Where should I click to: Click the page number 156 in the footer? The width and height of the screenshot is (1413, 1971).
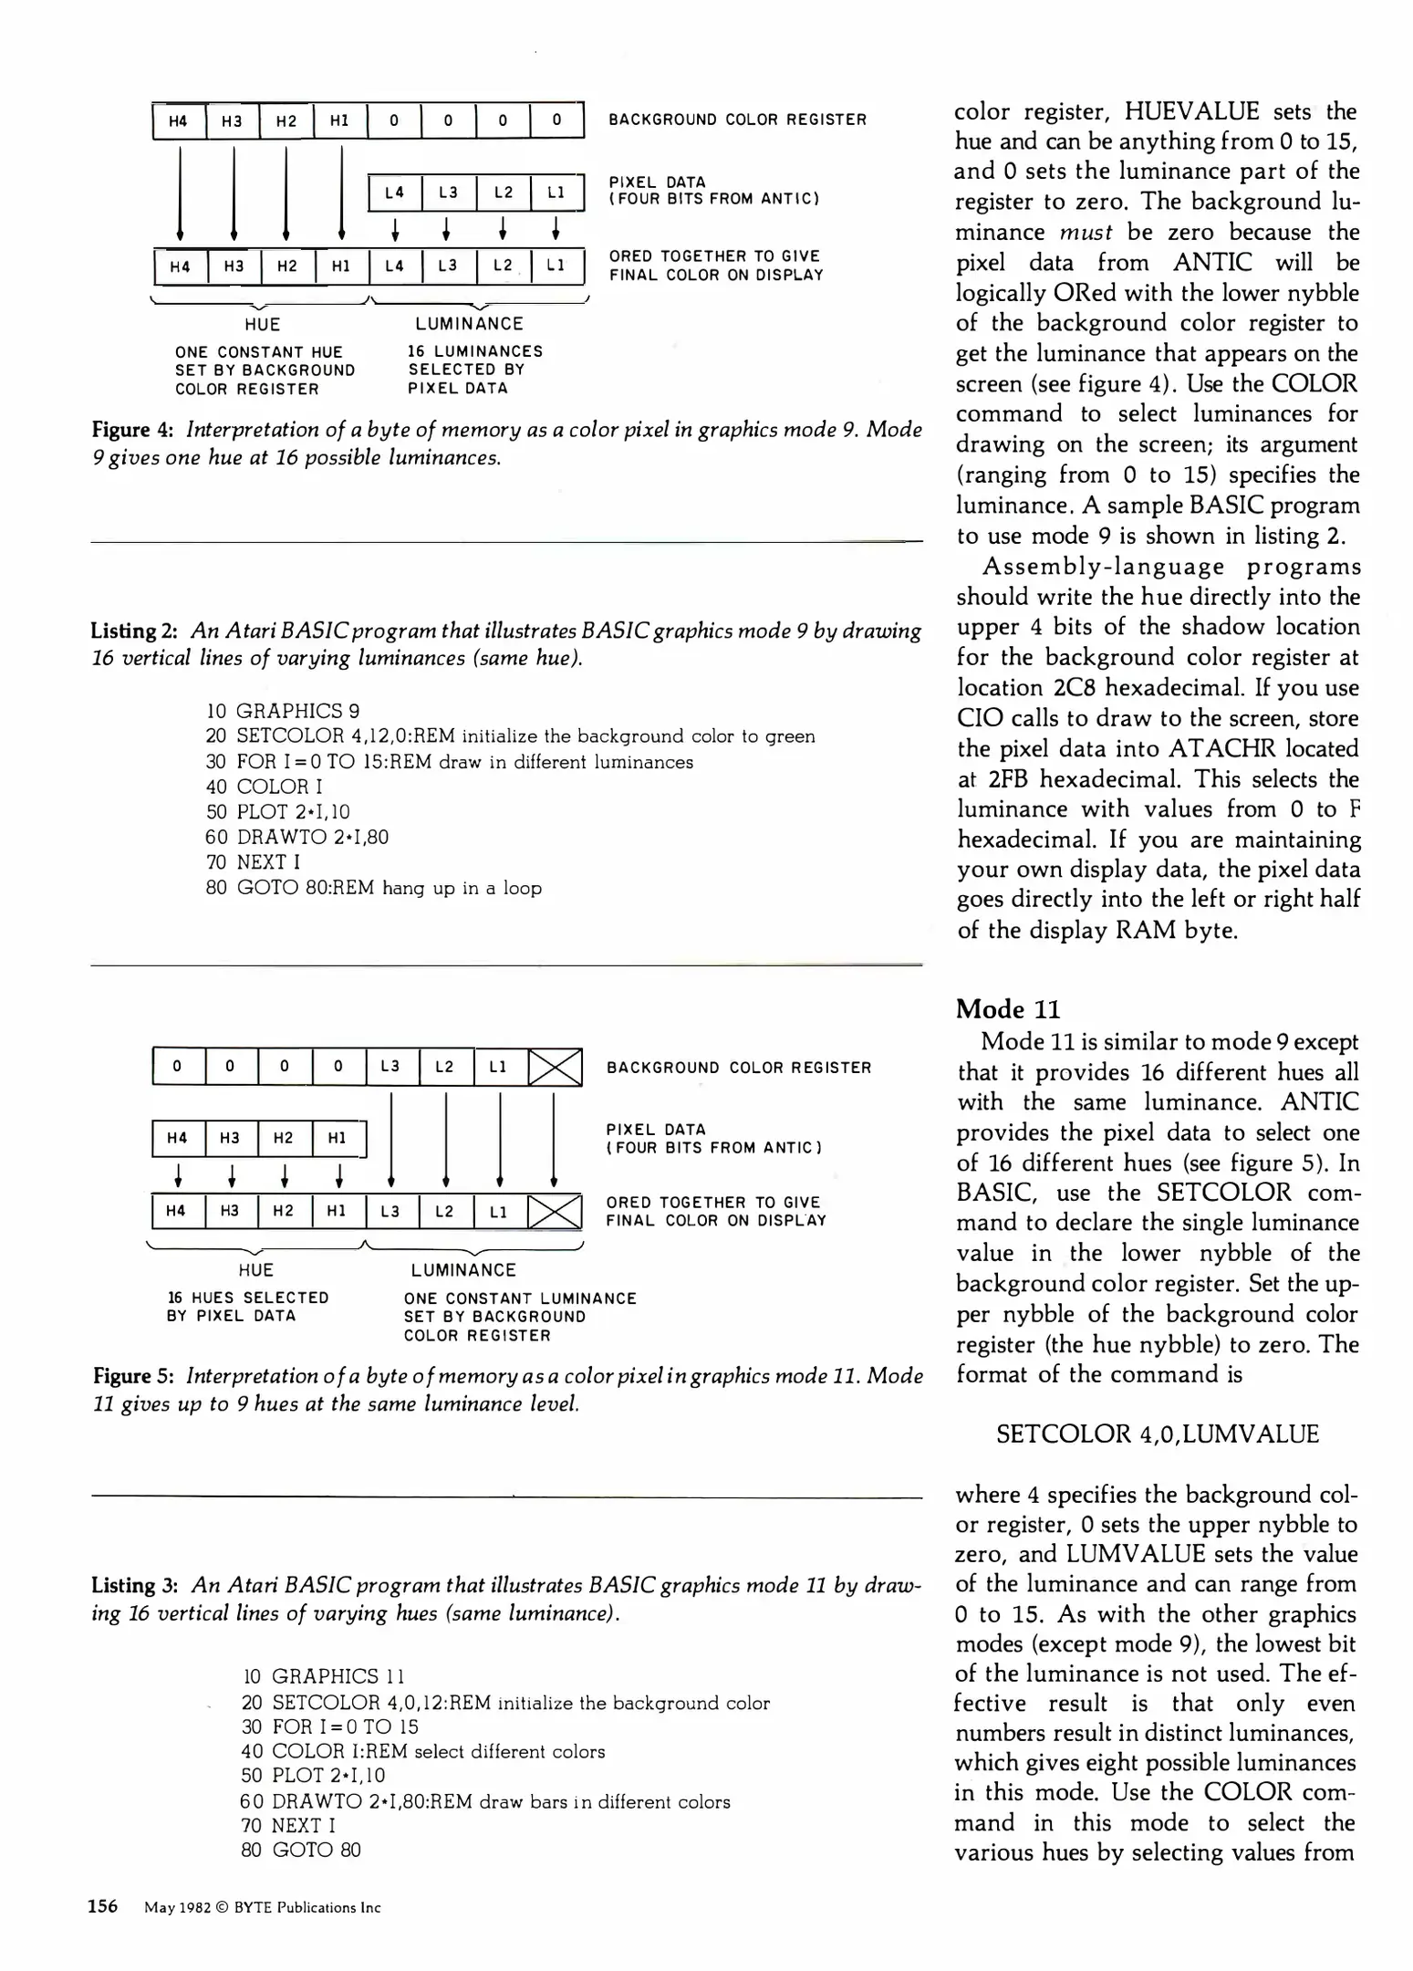click(x=102, y=1906)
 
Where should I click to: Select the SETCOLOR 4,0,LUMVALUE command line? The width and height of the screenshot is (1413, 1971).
click(x=1157, y=1434)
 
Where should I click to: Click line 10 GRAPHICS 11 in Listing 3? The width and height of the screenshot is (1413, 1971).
click(x=324, y=1676)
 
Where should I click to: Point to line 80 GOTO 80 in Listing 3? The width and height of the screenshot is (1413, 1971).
click(x=301, y=1850)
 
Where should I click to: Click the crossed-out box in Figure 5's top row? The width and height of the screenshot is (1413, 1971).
click(x=556, y=1067)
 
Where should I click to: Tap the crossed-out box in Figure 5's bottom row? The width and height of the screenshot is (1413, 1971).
click(x=556, y=1212)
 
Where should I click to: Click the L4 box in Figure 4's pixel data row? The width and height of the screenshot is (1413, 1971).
click(x=394, y=193)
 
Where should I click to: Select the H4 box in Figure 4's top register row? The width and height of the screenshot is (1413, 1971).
click(x=179, y=120)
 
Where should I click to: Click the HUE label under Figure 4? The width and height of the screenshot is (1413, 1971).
click(x=263, y=324)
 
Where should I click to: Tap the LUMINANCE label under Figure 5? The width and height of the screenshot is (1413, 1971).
click(x=463, y=1270)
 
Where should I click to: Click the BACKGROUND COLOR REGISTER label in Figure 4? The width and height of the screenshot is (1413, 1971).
click(x=737, y=120)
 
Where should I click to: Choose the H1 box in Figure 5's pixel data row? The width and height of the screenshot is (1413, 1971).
click(x=338, y=1138)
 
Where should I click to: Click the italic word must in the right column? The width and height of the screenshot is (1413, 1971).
click(x=1085, y=232)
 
